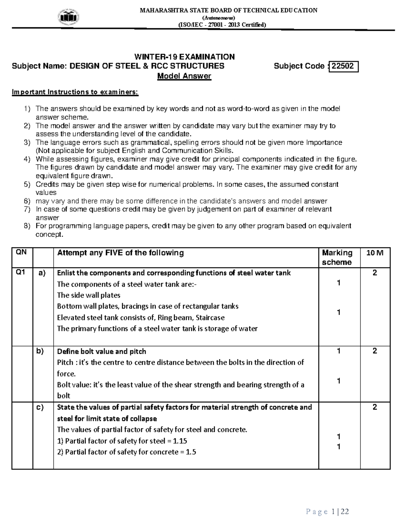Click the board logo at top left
(69, 16)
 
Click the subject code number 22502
(343, 66)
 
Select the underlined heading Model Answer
(184, 76)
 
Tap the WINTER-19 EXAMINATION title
(184, 57)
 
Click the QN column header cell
(22, 252)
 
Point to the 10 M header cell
(375, 253)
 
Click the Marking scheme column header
(337, 257)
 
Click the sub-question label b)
(40, 351)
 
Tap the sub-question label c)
(40, 407)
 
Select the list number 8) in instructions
(27, 226)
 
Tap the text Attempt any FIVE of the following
(120, 253)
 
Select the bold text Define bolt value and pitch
(101, 351)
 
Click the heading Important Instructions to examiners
(75, 92)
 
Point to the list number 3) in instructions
(27, 142)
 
